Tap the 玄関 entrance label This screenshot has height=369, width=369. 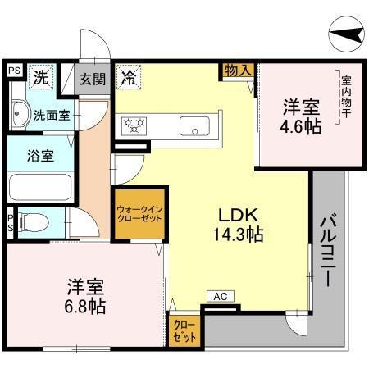point(93,80)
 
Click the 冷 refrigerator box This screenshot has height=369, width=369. point(128,79)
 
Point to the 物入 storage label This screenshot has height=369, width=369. point(238,72)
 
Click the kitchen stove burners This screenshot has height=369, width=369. point(134,125)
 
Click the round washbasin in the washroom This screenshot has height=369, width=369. point(20,115)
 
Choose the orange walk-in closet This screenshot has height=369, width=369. point(138,215)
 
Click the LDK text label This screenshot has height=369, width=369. point(236,216)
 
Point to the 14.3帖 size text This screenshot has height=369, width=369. point(236,235)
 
